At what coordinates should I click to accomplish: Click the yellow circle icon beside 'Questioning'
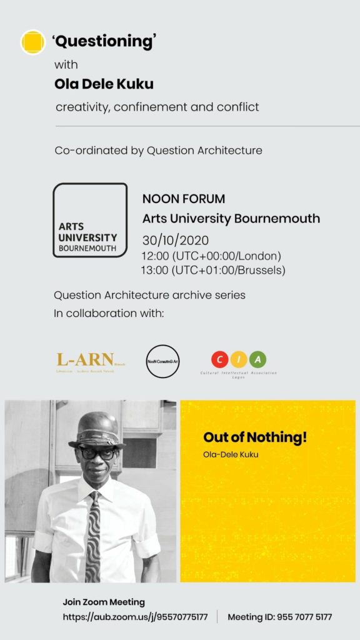tap(32, 42)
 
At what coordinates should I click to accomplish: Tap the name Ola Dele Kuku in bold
tap(104, 84)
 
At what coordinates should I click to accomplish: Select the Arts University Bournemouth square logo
tap(90, 220)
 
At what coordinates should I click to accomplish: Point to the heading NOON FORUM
tap(184, 199)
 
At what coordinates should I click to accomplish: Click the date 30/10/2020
tap(175, 241)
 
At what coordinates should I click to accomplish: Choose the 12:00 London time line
tap(211, 256)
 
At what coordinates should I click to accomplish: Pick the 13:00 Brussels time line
tap(213, 270)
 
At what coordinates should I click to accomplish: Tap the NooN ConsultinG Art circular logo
tap(162, 361)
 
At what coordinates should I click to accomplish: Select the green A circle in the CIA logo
tap(257, 359)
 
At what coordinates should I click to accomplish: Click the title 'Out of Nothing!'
tap(255, 438)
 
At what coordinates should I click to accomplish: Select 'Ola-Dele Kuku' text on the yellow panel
tap(231, 454)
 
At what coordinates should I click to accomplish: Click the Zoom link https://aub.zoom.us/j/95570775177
tap(135, 617)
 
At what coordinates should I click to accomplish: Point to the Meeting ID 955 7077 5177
tap(279, 617)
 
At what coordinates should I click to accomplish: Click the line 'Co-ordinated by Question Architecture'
tap(158, 151)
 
